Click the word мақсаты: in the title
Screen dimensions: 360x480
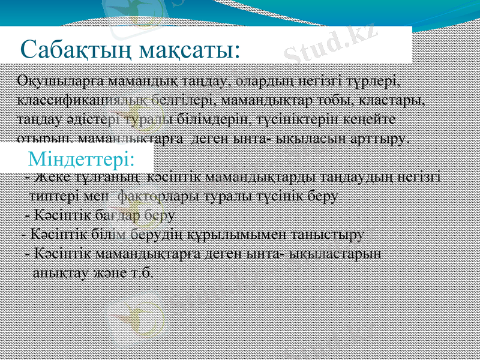point(187,49)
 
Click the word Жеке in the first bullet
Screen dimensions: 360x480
point(47,178)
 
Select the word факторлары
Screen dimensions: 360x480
point(149,196)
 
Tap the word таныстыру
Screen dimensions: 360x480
point(333,234)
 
